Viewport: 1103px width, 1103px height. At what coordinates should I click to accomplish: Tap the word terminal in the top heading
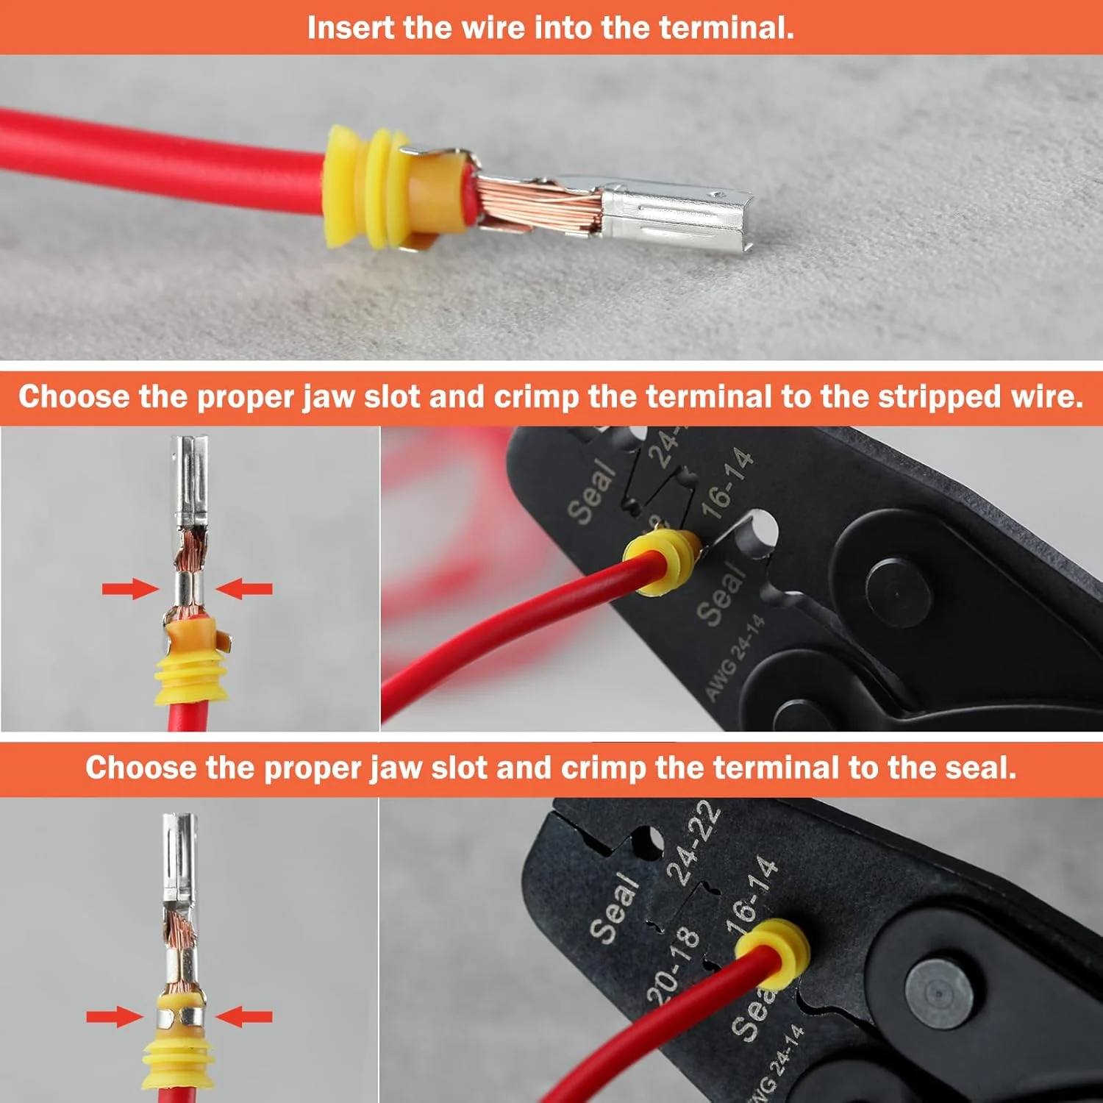pos(726,28)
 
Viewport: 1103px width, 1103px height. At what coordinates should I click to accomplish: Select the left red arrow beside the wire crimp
pos(130,588)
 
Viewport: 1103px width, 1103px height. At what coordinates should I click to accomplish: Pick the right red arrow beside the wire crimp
pos(244,588)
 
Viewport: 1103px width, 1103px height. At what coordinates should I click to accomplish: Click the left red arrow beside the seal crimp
pos(114,1017)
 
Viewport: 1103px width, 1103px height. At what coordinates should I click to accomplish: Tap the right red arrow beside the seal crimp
pos(244,1017)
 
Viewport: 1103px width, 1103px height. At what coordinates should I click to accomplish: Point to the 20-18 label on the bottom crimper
pos(672,963)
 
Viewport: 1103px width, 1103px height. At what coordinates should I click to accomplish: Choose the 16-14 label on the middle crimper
pos(727,482)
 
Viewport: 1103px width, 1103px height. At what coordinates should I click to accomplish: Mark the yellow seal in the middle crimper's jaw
pos(661,561)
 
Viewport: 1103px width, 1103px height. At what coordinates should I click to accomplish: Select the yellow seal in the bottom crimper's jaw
pos(773,952)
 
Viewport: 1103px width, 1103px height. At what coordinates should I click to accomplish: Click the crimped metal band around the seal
pos(181,1018)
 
